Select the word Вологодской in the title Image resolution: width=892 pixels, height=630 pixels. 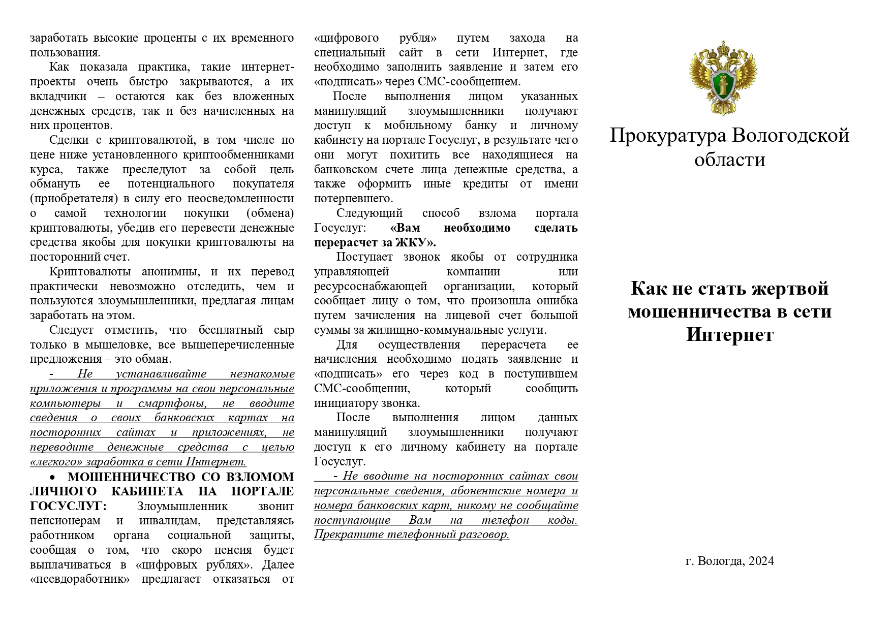pyautogui.click(x=791, y=136)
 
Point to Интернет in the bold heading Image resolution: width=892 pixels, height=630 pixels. pyautogui.click(x=729, y=335)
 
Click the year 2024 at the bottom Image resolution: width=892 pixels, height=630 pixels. pyautogui.click(x=761, y=561)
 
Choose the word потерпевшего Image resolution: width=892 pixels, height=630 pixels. pyautogui.click(x=353, y=198)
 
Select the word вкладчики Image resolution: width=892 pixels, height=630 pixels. pyautogui.click(x=58, y=96)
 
